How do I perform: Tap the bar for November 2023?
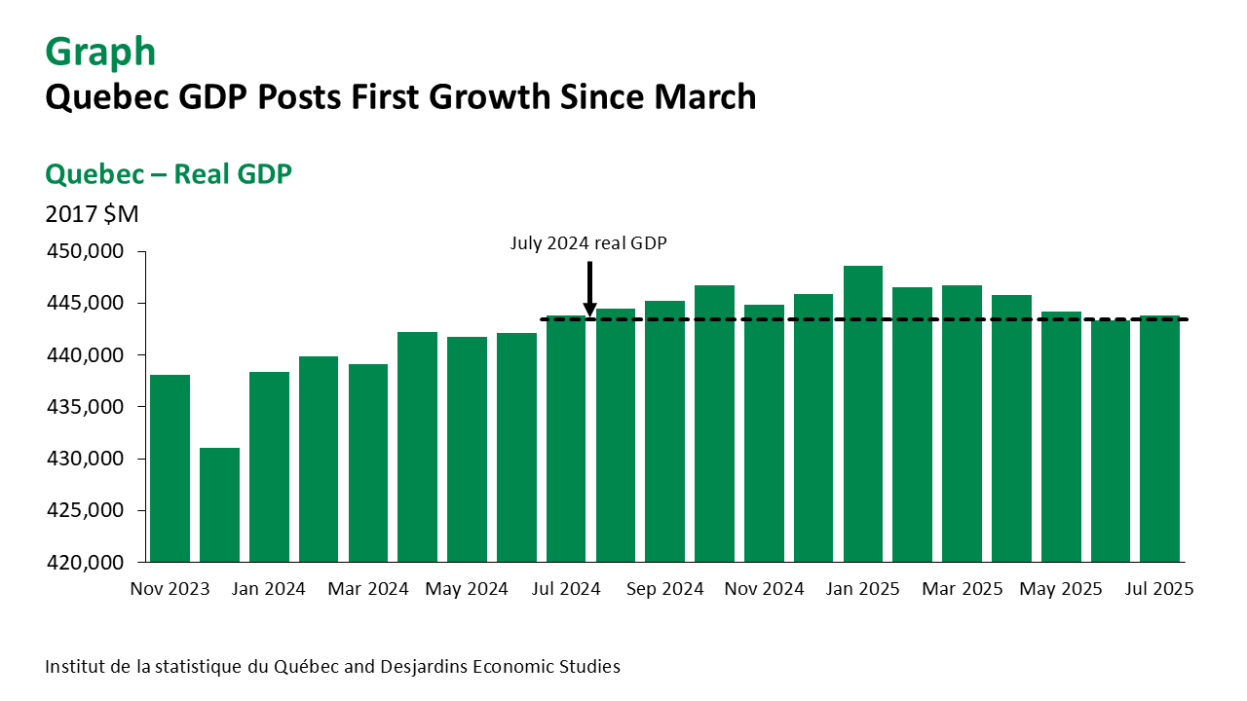pyautogui.click(x=170, y=468)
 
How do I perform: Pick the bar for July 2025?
pyautogui.click(x=1160, y=438)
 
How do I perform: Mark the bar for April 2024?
pyautogui.click(x=417, y=447)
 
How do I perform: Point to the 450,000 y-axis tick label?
pyautogui.click(x=85, y=252)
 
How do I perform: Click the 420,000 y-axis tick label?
pyautogui.click(x=85, y=563)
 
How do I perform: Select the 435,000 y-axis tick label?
pyautogui.click(x=85, y=407)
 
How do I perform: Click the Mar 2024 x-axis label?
pyautogui.click(x=367, y=589)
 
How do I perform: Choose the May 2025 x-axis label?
pyautogui.click(x=1061, y=589)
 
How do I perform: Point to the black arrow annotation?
pyautogui.click(x=589, y=288)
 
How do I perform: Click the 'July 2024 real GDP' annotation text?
pyautogui.click(x=588, y=243)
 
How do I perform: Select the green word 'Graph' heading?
pyautogui.click(x=100, y=52)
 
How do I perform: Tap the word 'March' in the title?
pyautogui.click(x=704, y=96)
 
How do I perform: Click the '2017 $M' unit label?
pyautogui.click(x=92, y=213)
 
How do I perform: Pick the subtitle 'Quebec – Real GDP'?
pyautogui.click(x=169, y=174)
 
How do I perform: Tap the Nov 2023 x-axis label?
pyautogui.click(x=170, y=589)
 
